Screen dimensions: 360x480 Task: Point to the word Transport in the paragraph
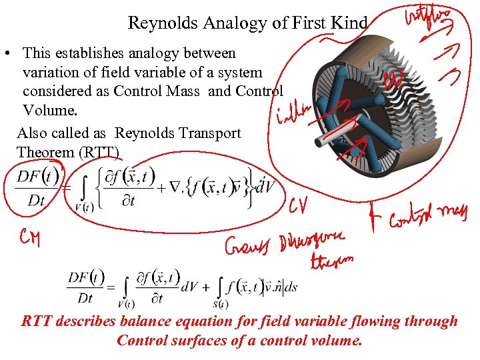click(x=210, y=133)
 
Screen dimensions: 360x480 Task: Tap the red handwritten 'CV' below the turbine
click(x=298, y=208)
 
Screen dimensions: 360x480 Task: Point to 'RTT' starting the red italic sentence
click(x=37, y=321)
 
